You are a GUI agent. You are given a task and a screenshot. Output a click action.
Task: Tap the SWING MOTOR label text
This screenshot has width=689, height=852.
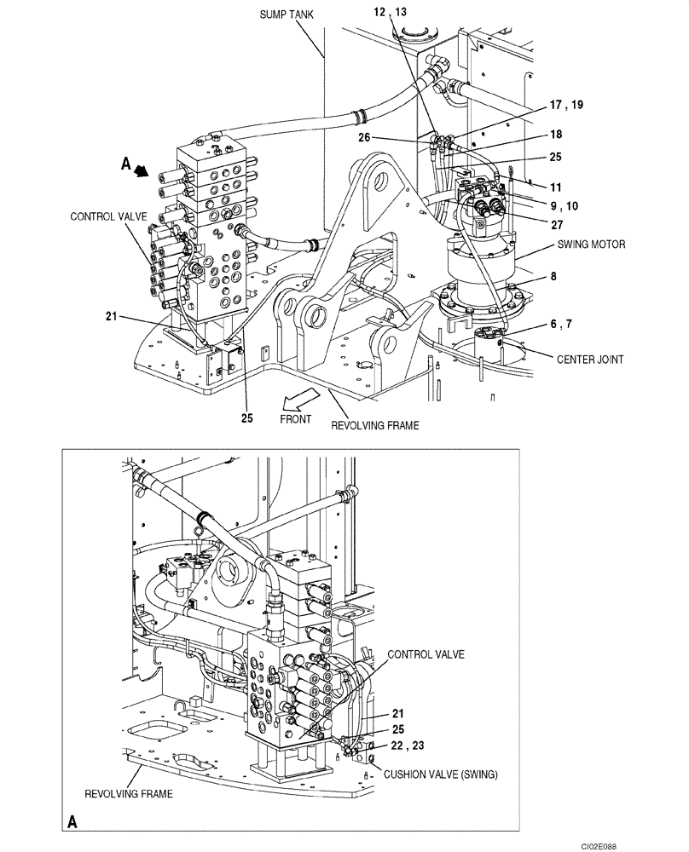click(591, 245)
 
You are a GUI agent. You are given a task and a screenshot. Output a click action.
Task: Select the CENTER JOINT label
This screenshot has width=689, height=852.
click(590, 360)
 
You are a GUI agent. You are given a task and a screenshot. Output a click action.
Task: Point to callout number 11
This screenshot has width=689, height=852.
click(556, 186)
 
